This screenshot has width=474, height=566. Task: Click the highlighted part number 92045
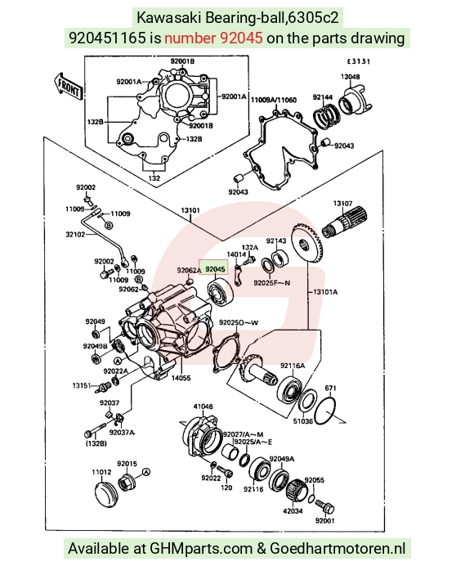(215, 269)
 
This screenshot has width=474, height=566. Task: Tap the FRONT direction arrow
(68, 87)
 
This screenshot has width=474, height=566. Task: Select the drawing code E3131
(358, 61)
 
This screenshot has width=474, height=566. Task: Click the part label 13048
(350, 77)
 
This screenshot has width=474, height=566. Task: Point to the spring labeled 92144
(325, 115)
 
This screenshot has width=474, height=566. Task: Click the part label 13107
(342, 204)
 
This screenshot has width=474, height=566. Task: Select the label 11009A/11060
(274, 100)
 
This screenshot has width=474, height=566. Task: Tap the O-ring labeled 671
(325, 411)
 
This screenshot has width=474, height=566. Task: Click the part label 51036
(302, 421)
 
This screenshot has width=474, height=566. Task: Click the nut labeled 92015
(127, 482)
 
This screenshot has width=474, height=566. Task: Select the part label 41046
(203, 407)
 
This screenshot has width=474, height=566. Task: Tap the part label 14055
(181, 378)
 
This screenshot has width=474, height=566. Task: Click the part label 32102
(75, 234)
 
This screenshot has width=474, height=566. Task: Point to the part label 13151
(82, 385)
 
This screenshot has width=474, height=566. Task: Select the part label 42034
(293, 511)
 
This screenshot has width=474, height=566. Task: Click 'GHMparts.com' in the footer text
(201, 549)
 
